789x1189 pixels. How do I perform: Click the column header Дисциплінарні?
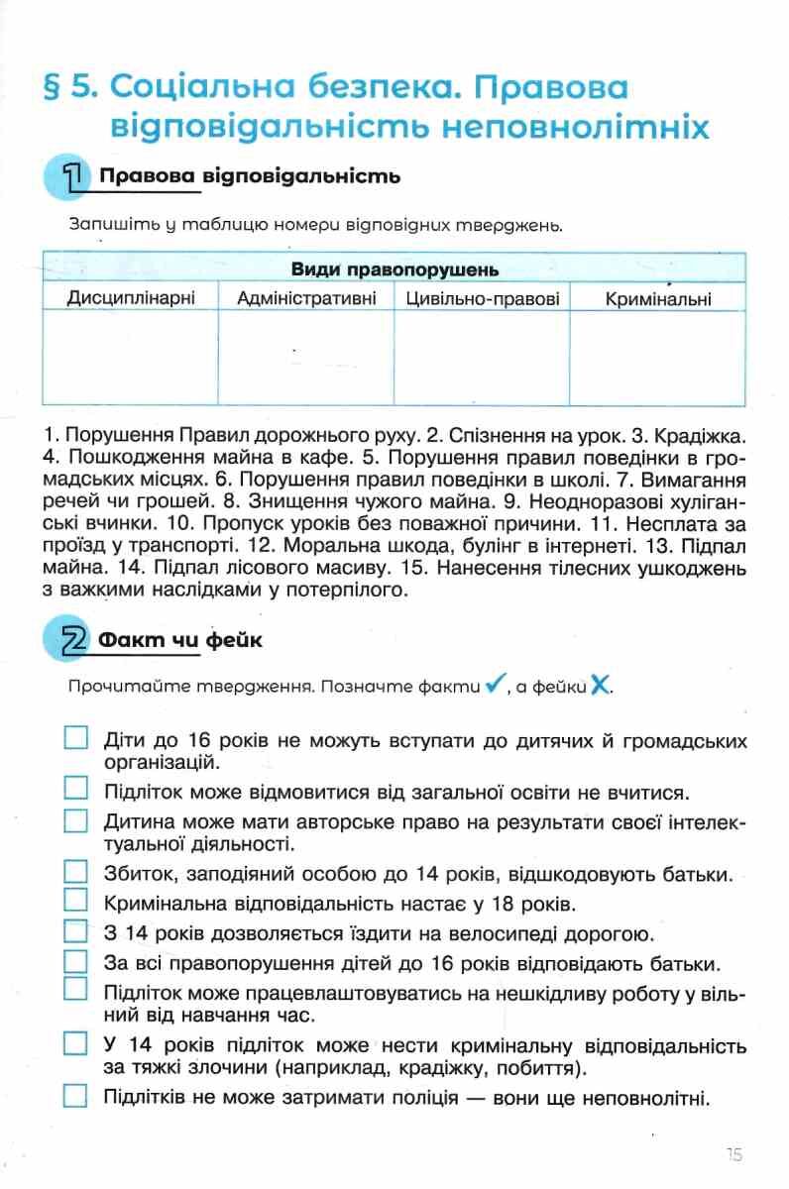(130, 298)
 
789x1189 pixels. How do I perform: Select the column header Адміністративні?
(307, 298)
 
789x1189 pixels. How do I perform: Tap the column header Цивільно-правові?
(483, 298)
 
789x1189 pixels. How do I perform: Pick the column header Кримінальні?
(658, 298)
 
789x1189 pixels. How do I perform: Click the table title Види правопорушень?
(394, 270)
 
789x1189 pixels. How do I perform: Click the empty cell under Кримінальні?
(658, 357)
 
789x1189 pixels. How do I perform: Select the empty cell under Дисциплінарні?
(130, 357)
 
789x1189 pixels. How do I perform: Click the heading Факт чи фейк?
(180, 641)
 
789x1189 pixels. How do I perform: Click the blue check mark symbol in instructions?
(497, 685)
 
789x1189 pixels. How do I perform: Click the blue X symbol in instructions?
(599, 685)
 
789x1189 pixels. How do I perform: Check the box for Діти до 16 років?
(76, 739)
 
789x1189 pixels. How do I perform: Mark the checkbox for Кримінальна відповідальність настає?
(76, 903)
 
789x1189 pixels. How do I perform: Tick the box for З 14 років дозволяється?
(76, 932)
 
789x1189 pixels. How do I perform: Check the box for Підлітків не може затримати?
(76, 1097)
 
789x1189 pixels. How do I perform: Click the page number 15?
(733, 1153)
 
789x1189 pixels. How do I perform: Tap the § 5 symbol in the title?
(67, 88)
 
